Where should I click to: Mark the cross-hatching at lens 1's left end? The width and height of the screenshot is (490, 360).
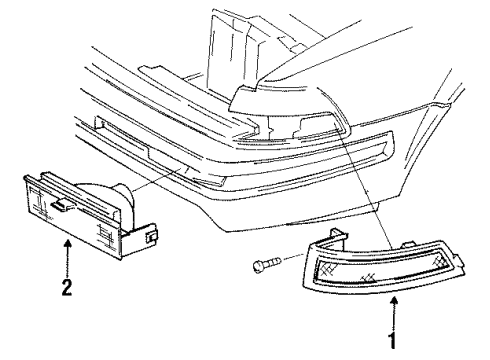pos(326,267)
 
